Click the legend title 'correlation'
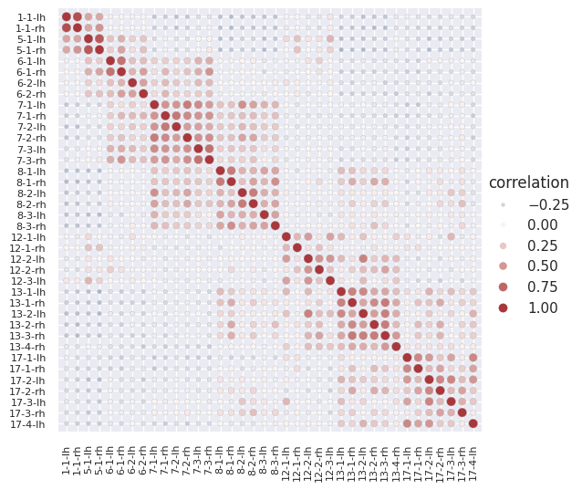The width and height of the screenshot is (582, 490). [x=528, y=182]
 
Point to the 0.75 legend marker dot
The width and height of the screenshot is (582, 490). [x=502, y=287]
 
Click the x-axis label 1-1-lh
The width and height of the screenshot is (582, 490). [x=67, y=453]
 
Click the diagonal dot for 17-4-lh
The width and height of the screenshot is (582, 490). [x=473, y=423]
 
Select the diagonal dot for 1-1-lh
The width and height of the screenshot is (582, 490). [x=66, y=17]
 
